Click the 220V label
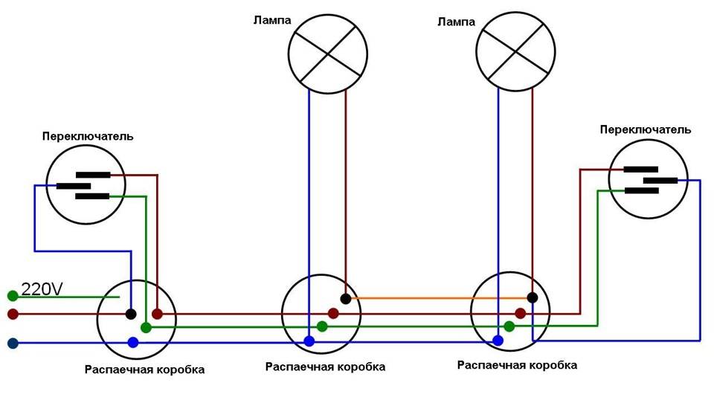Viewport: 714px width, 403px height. click(42, 289)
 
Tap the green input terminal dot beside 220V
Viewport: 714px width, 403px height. click(13, 297)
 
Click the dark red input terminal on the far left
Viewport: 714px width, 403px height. click(13, 314)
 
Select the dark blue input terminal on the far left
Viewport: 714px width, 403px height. click(13, 344)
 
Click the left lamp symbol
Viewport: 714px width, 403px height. click(328, 54)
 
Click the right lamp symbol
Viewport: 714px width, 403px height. click(515, 51)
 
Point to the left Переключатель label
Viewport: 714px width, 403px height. click(88, 136)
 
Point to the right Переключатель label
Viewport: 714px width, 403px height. click(646, 130)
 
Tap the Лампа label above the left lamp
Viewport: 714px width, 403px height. click(272, 21)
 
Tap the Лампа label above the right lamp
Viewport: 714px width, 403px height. click(456, 22)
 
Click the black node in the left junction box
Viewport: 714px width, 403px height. click(131, 314)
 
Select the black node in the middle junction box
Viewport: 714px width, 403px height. click(346, 299)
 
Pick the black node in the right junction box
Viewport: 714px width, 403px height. click(533, 298)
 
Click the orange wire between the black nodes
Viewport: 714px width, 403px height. click(439, 298)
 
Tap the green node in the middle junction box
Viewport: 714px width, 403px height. click(322, 326)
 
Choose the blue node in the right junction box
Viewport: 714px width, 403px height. click(498, 340)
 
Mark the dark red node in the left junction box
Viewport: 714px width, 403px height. click(157, 314)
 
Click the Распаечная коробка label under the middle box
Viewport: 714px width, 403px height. click(325, 367)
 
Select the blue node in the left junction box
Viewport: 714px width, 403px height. click(133, 343)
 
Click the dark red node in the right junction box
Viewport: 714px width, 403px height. click(521, 313)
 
